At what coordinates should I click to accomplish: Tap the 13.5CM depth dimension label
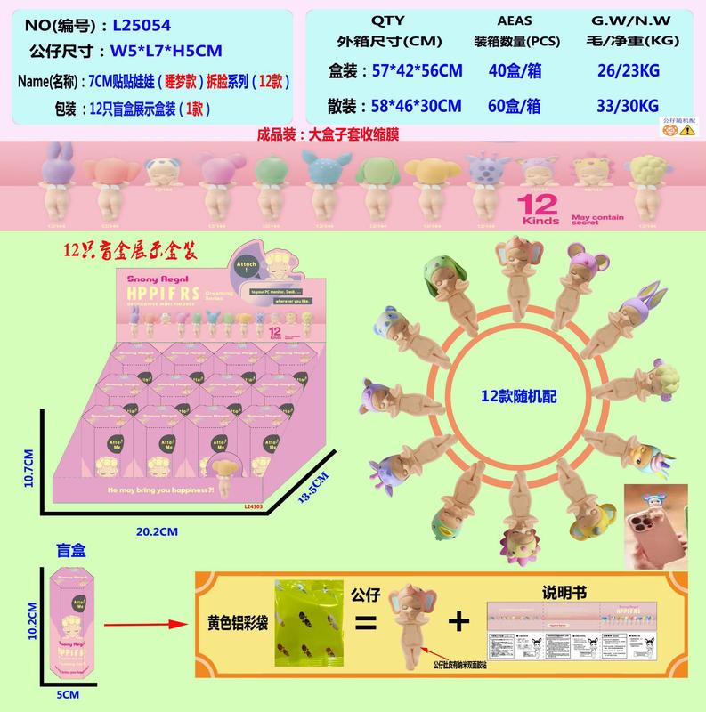309,489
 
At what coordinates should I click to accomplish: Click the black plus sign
458,622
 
